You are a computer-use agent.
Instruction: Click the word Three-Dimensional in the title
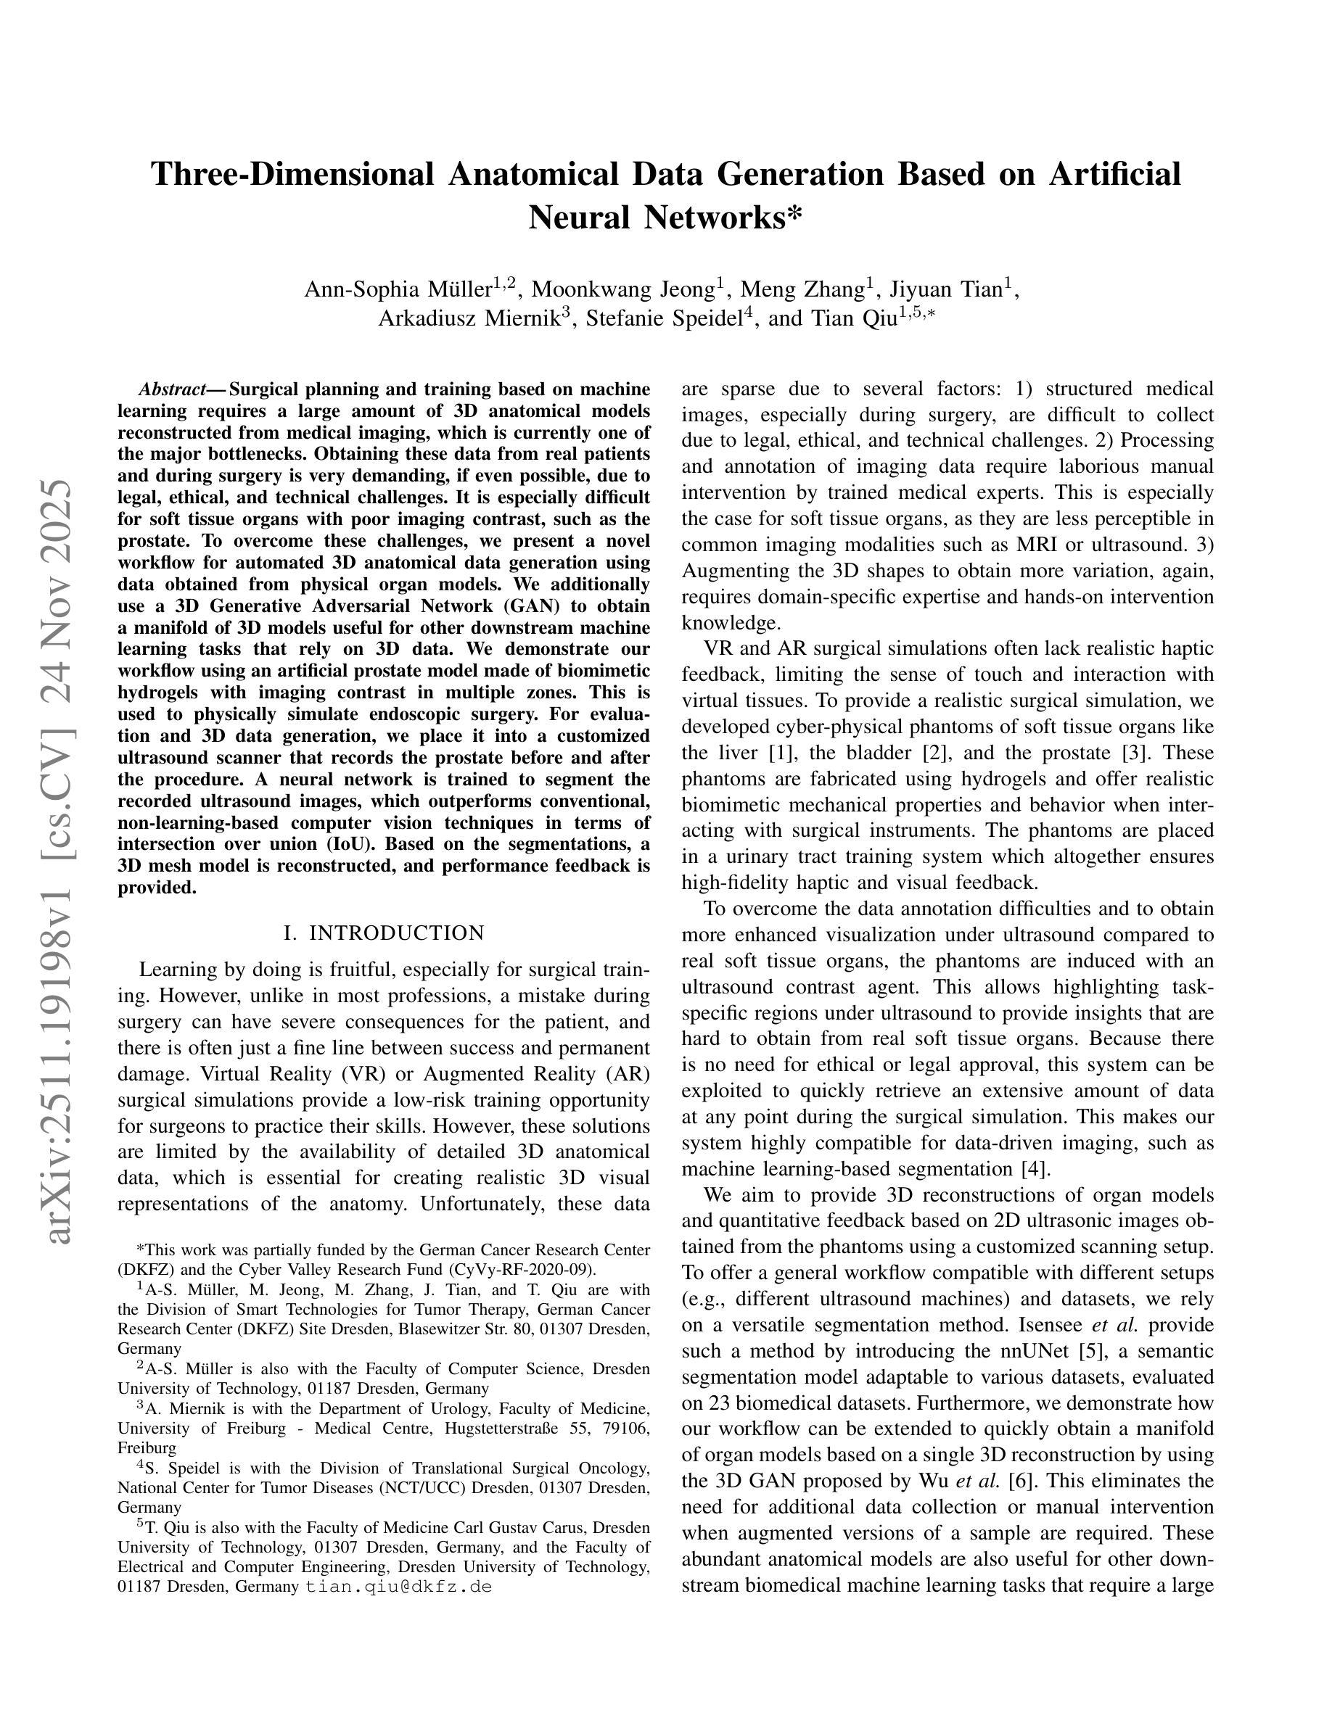click(292, 174)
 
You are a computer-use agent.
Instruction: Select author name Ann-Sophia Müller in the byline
click(398, 290)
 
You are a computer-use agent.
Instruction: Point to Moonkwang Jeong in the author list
click(623, 290)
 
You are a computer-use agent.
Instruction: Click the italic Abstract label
click(171, 389)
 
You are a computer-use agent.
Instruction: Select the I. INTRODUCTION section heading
click(384, 933)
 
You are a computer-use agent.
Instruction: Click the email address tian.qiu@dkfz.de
click(398, 1587)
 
